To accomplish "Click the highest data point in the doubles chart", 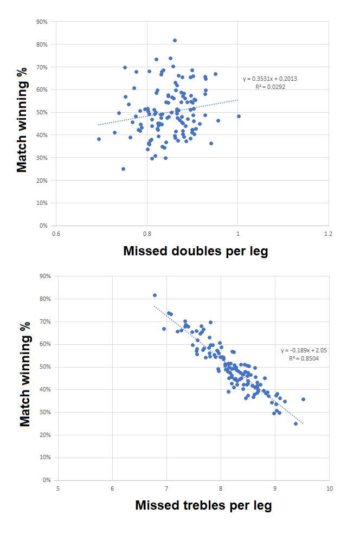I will [x=175, y=40].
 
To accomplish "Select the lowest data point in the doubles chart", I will [x=123, y=169].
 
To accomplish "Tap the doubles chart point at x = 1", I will [x=239, y=116].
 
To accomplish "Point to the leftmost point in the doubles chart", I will [x=99, y=139].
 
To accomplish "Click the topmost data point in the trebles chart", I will [x=155, y=295].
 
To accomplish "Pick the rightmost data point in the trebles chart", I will [x=303, y=399].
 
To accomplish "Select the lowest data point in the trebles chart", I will [x=295, y=423].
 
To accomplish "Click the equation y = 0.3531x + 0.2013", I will [x=270, y=79].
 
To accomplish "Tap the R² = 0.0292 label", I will [x=270, y=86].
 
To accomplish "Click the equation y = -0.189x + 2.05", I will [x=304, y=350].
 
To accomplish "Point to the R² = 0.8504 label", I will [x=304, y=358].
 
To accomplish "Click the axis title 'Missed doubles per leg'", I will [x=196, y=251].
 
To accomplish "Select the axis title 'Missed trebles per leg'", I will [x=203, y=506].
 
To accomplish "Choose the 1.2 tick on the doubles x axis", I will [x=328, y=234].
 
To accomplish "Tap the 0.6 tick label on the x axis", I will [x=56, y=234].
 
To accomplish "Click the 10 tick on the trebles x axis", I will [x=329, y=488].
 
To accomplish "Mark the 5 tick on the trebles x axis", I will [x=57, y=488].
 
